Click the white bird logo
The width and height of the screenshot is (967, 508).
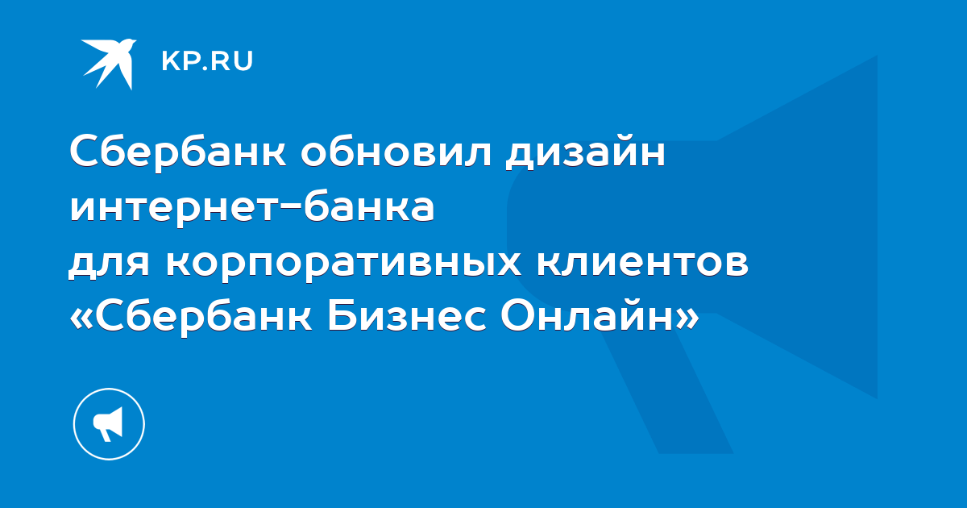109,64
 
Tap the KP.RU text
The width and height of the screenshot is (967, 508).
207,61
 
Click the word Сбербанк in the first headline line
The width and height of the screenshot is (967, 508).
177,152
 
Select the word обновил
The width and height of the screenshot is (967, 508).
396,152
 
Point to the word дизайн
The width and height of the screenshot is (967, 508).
585,152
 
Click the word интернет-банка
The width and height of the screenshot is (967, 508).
251,208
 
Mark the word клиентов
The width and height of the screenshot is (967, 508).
642,263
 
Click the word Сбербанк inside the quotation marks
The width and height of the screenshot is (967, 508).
203,318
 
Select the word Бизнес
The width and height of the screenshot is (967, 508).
407,319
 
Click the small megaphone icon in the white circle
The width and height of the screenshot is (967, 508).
108,424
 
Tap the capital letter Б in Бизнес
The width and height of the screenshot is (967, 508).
340,317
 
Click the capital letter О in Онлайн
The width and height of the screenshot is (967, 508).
517,317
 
